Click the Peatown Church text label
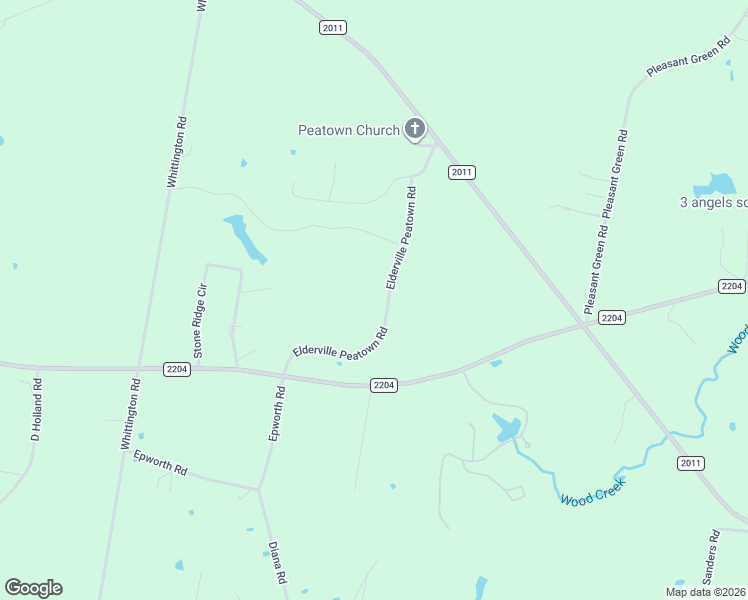(x=349, y=130)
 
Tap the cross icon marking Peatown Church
(x=415, y=129)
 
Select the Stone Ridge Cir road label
(x=200, y=321)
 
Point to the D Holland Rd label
(x=36, y=409)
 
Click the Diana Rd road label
(x=277, y=563)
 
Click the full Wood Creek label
(x=592, y=491)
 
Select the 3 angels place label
(x=713, y=202)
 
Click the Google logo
(x=33, y=588)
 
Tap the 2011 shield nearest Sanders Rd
(x=690, y=463)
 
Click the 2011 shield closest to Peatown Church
(x=460, y=172)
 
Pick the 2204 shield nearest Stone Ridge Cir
(x=177, y=369)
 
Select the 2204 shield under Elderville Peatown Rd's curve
(x=384, y=385)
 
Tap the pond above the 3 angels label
(x=719, y=185)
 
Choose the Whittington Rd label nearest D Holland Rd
(x=129, y=413)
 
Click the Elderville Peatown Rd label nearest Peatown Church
(x=400, y=239)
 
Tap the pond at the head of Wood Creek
(x=506, y=429)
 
